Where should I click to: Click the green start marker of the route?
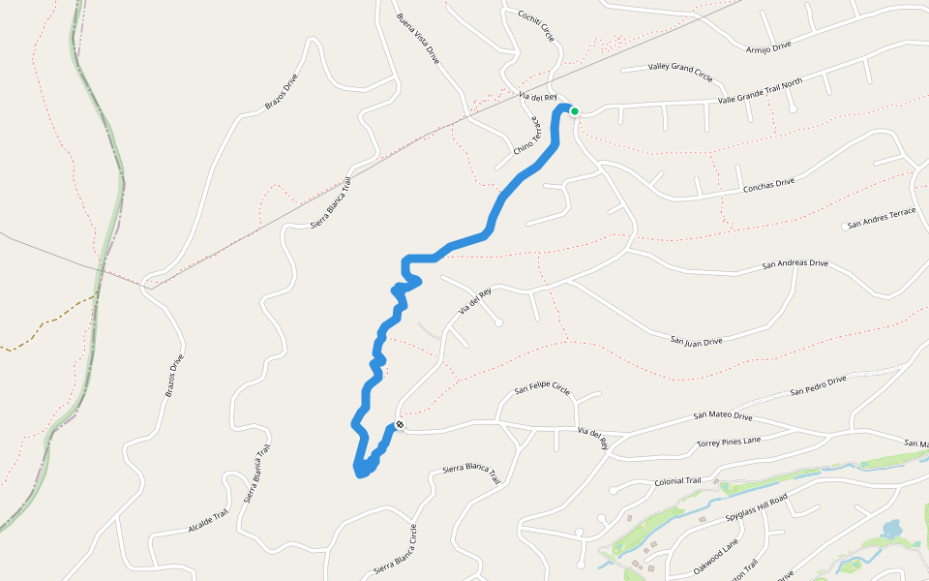(x=574, y=111)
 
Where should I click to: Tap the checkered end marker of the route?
(x=399, y=424)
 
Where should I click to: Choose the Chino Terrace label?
(x=524, y=139)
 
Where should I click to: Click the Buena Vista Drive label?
(x=417, y=39)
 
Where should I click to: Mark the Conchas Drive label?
(x=764, y=183)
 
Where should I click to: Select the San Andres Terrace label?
(x=881, y=223)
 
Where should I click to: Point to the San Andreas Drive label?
(x=795, y=263)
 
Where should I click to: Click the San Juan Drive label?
(x=697, y=341)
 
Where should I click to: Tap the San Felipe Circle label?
(x=542, y=389)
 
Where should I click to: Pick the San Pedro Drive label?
(x=818, y=385)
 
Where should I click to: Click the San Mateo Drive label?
(x=723, y=416)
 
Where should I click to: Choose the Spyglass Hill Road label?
(x=757, y=507)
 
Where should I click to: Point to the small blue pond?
(x=890, y=530)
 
